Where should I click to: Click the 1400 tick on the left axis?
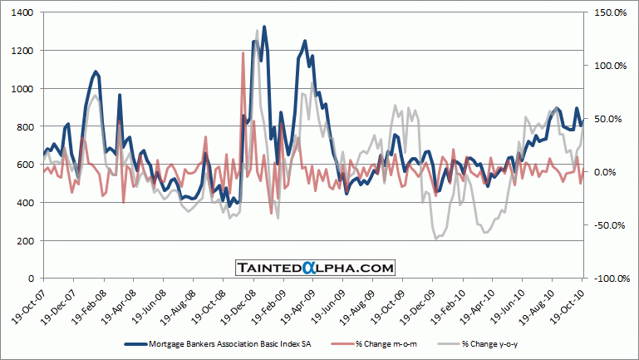pyautogui.click(x=22, y=12)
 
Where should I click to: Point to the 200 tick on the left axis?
pyautogui.click(x=25, y=240)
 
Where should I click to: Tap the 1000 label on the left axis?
pyautogui.click(x=22, y=88)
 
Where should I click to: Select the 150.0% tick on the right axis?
pyautogui.click(x=605, y=12)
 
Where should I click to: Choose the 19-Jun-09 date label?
pyautogui.click(x=327, y=304)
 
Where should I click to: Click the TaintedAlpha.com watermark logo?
pyautogui.click(x=314, y=267)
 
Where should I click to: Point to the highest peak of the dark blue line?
pyautogui.click(x=264, y=27)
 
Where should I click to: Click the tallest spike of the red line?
pyautogui.click(x=243, y=53)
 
